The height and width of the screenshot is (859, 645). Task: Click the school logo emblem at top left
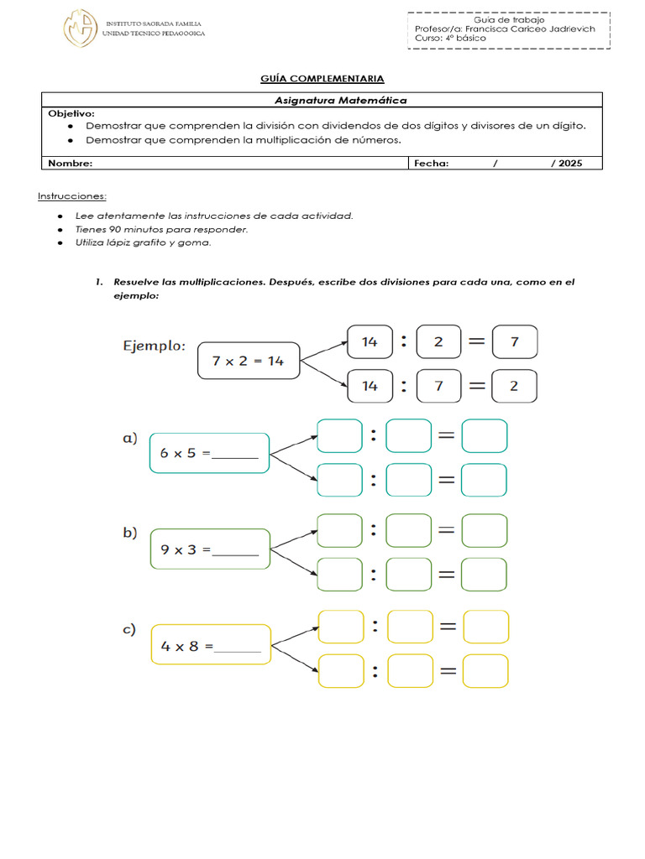[81, 28]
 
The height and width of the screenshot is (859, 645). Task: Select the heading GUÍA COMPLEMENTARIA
[322, 79]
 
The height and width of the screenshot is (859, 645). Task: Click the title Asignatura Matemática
[341, 101]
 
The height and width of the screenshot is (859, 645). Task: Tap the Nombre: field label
[71, 164]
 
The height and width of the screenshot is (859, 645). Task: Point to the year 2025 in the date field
[569, 164]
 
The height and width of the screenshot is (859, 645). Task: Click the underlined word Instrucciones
[72, 196]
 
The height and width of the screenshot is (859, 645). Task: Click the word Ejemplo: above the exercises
[155, 346]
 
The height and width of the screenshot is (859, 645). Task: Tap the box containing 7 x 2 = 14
[249, 361]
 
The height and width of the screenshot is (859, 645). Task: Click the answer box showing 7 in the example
[514, 341]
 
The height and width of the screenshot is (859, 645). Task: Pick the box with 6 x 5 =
[209, 454]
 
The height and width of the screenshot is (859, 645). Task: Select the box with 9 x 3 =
[209, 550]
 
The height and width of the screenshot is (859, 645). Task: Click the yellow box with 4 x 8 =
[211, 646]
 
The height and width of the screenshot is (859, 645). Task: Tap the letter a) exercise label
[130, 438]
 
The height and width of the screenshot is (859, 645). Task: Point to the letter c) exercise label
[130, 630]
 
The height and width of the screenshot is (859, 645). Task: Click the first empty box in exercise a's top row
[339, 436]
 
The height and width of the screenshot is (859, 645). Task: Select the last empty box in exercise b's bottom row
[485, 575]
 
